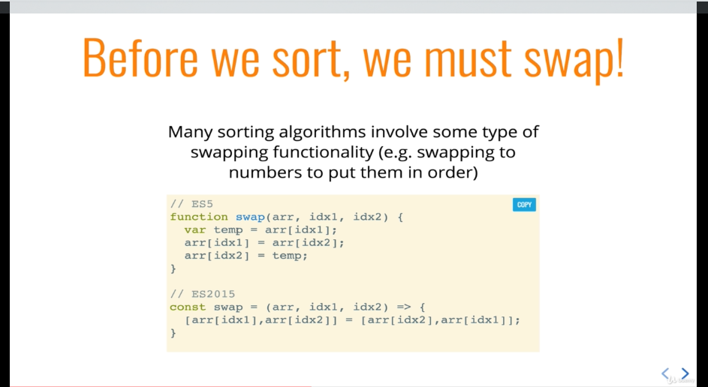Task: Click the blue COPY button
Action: [x=524, y=205]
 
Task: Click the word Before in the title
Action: [x=140, y=58]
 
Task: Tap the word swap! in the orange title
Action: [x=574, y=59]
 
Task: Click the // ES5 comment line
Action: [x=191, y=204]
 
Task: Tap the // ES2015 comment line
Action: [x=203, y=294]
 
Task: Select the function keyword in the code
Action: [x=199, y=217]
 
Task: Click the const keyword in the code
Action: [x=188, y=307]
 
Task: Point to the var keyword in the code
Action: [x=195, y=230]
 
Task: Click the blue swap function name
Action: [x=250, y=217]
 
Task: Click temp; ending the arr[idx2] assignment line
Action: [x=290, y=256]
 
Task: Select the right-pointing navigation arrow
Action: [x=685, y=373]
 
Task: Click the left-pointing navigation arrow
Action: [x=665, y=373]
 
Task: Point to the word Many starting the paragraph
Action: [x=190, y=132]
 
